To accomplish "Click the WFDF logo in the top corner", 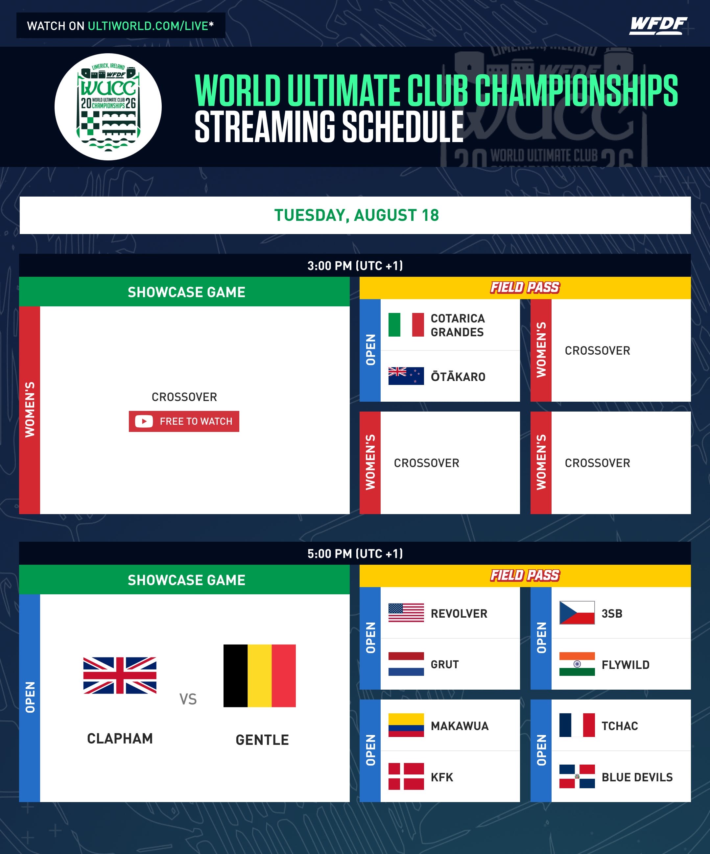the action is (658, 26).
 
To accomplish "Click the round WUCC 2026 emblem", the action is (108, 107).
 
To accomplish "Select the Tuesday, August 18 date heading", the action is (357, 215).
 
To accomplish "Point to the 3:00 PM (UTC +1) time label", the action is (355, 266).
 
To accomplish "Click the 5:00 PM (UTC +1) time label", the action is (355, 554).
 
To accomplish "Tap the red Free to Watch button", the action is (184, 421).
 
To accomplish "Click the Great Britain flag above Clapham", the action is (120, 675).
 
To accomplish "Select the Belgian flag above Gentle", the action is (259, 676).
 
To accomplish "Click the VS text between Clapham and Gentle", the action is (188, 699).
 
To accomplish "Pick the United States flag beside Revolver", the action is (406, 613).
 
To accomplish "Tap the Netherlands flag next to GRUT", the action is (406, 664).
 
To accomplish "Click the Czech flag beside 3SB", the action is (577, 613).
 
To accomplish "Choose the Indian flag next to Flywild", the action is (577, 664).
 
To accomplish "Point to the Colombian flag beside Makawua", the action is (406, 725).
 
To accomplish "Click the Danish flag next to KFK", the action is (406, 776).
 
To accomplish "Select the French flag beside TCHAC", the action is (577, 725).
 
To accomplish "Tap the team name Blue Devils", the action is (637, 777).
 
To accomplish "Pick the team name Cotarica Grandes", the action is (458, 325).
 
